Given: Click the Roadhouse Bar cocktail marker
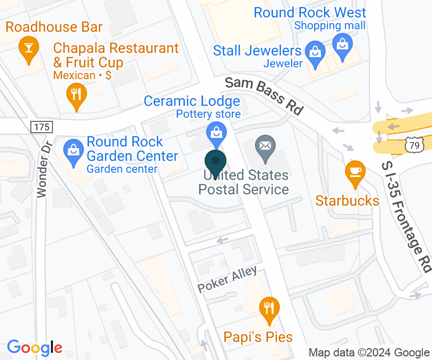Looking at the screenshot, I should click(x=26, y=48).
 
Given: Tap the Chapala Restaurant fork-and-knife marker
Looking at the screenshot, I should click(x=76, y=94).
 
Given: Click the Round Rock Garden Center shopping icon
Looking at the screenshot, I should click(x=74, y=151).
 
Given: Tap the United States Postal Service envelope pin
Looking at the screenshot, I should click(x=265, y=146).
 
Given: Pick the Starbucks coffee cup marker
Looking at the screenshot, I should click(x=354, y=170).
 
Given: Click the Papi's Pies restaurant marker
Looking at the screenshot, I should click(x=269, y=308).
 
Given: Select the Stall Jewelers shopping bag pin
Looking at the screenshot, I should click(x=313, y=51).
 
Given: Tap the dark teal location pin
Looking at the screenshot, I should click(x=215, y=161).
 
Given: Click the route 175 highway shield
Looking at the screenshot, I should click(x=41, y=127).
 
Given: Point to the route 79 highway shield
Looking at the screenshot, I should click(x=415, y=146).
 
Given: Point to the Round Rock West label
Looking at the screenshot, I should click(x=310, y=12).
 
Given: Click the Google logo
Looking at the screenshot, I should click(x=34, y=348).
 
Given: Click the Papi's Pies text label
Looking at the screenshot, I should click(x=258, y=337).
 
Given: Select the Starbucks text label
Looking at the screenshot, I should click(x=347, y=201).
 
